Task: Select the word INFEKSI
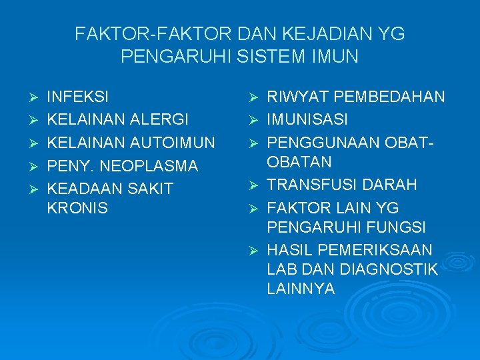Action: pos(79,97)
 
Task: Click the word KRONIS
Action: pos(77,208)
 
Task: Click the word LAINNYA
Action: pos(301,289)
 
